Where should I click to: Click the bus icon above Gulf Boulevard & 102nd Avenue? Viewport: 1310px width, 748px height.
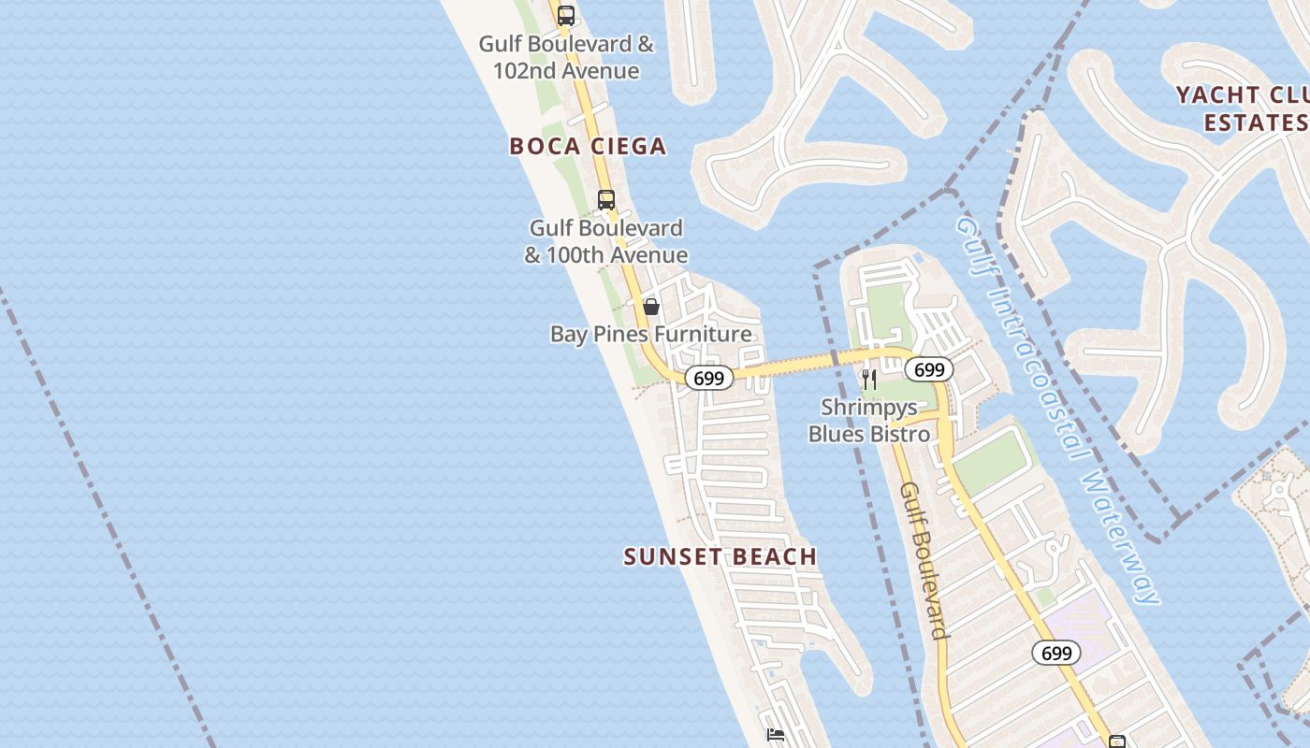566,15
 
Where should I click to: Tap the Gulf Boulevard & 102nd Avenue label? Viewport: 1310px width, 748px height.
566,57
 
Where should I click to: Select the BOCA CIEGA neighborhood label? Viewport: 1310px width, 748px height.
588,146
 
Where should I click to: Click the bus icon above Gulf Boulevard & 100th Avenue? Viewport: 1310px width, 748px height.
606,199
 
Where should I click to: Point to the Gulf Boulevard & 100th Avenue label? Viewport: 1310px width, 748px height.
605,241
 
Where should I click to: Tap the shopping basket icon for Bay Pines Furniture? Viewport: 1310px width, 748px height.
651,307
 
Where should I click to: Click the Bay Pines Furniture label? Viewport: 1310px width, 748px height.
650,334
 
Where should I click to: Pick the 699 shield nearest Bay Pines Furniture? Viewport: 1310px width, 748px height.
708,378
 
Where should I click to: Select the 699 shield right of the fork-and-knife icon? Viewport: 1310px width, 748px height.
928,370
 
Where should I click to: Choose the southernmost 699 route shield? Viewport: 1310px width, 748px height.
1055,653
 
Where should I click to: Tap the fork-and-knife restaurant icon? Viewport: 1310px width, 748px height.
869,379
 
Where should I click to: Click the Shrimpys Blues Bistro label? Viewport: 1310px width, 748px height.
869,421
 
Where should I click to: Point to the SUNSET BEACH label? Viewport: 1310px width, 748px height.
720,556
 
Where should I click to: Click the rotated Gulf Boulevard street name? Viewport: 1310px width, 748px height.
924,561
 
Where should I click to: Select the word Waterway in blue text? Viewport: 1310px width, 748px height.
1121,537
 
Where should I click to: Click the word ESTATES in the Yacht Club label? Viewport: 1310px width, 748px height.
1255,122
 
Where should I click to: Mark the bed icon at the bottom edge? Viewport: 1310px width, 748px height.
776,735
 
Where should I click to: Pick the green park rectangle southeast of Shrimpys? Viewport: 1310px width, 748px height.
992,462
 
